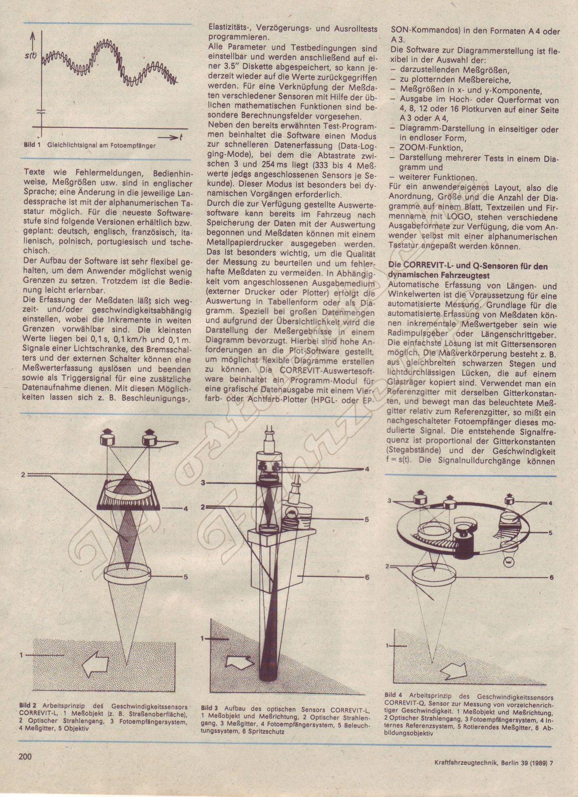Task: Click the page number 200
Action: pyautogui.click(x=25, y=757)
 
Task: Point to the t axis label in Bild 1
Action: pyautogui.click(x=181, y=138)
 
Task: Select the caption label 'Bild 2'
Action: pyautogui.click(x=28, y=706)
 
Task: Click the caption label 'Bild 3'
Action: pyautogui.click(x=209, y=708)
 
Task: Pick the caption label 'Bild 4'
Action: pyautogui.click(x=393, y=695)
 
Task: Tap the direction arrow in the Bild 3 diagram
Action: pyautogui.click(x=239, y=663)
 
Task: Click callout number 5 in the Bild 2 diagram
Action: pyautogui.click(x=186, y=577)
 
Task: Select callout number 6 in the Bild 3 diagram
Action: pyautogui.click(x=367, y=577)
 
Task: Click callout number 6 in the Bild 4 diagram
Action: pyautogui.click(x=551, y=577)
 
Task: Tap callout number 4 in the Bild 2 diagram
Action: pyautogui.click(x=186, y=509)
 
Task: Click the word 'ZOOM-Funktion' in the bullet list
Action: pyautogui.click(x=423, y=147)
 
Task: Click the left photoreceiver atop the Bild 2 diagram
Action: pyautogui.click(x=106, y=438)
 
